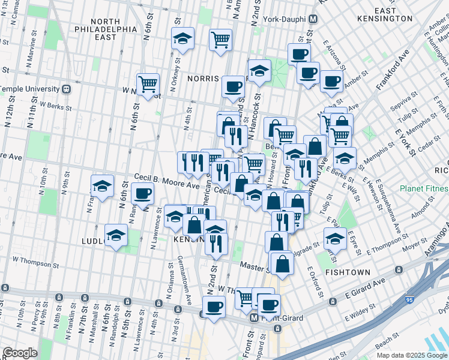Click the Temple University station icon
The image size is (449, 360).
[x=67, y=89]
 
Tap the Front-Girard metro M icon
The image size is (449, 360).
[x=255, y=318]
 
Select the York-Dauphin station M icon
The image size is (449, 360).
[x=313, y=19]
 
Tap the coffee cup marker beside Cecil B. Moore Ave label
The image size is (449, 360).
[x=143, y=193]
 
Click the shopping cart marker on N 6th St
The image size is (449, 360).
[x=148, y=83]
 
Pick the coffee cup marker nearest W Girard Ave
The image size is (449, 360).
[x=213, y=307]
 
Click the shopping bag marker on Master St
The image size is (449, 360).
[x=282, y=262]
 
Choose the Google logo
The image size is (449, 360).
[x=20, y=353]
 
